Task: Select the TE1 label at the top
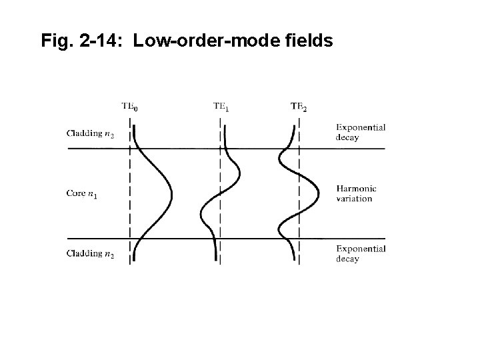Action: click(x=221, y=106)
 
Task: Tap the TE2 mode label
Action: click(x=299, y=107)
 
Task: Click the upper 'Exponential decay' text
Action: click(x=361, y=132)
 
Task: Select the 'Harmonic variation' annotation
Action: click(x=356, y=193)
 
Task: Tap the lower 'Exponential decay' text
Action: click(x=361, y=253)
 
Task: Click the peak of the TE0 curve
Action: click(x=171, y=193)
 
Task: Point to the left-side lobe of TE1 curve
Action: click(x=201, y=215)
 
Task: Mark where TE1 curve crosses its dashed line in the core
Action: click(x=220, y=193)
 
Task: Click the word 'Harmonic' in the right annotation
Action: click(x=356, y=189)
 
